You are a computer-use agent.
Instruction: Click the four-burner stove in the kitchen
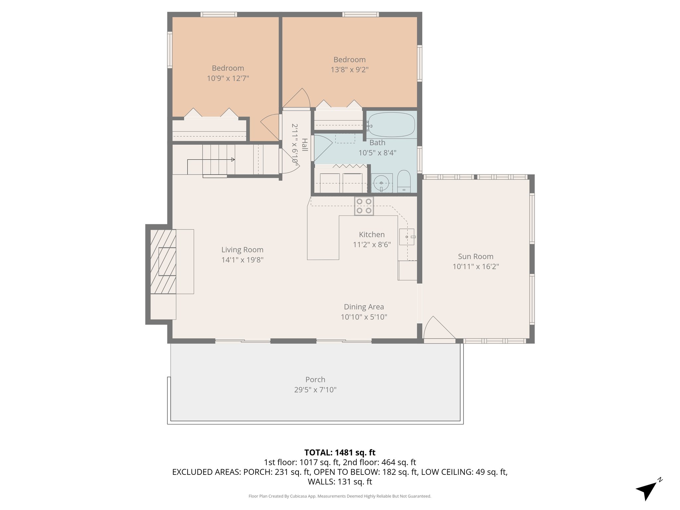pos(364,206)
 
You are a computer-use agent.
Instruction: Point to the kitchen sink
pos(407,237)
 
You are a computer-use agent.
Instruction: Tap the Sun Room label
pos(475,256)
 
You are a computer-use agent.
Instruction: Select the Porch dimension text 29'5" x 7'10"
pos(315,389)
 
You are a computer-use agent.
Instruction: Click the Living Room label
pos(242,250)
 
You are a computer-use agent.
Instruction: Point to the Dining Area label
pos(364,307)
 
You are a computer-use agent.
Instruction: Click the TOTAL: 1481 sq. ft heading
pos(340,452)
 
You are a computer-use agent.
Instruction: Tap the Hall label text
pos(305,144)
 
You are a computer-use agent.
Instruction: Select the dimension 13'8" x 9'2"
pos(349,70)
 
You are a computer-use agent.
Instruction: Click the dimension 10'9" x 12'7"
pos(228,78)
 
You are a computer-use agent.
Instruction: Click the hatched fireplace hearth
pos(163,261)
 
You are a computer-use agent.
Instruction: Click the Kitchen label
pos(372,234)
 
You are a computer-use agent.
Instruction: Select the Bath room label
pos(377,142)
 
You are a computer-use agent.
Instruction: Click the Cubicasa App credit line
pos(340,496)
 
